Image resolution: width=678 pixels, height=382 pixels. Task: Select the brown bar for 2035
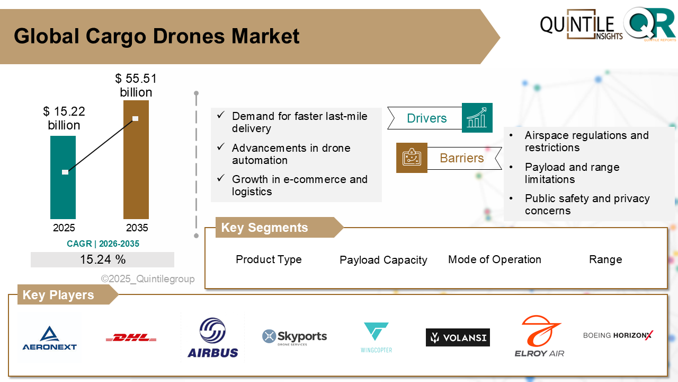[x=136, y=170]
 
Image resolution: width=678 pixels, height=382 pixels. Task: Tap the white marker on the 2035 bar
[x=135, y=118]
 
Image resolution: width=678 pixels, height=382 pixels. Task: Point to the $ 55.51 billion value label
[x=136, y=85]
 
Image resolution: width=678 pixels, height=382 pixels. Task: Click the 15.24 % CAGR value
[x=103, y=259]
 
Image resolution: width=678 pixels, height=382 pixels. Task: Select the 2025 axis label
[x=64, y=228]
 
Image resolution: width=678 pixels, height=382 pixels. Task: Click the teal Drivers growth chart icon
[x=477, y=118]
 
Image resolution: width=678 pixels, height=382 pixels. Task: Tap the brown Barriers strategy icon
[x=412, y=158]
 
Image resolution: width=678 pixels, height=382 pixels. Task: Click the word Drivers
[x=426, y=118]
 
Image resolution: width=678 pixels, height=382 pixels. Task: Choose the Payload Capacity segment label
[x=383, y=260]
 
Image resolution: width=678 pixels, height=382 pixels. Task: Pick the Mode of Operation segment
[x=494, y=259]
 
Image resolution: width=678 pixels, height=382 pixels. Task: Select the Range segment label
[x=605, y=259]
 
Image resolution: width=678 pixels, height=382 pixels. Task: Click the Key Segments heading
[x=264, y=228]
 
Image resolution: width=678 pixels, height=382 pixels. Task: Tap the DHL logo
[x=131, y=337]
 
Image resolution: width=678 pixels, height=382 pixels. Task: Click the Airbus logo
[x=212, y=337]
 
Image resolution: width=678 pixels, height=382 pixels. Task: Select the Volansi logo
[x=458, y=337]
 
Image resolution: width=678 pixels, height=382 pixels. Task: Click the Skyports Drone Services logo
[x=295, y=337]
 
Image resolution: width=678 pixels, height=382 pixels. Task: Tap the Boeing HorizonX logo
[x=618, y=335]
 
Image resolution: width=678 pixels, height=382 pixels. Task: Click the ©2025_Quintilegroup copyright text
[x=148, y=279]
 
